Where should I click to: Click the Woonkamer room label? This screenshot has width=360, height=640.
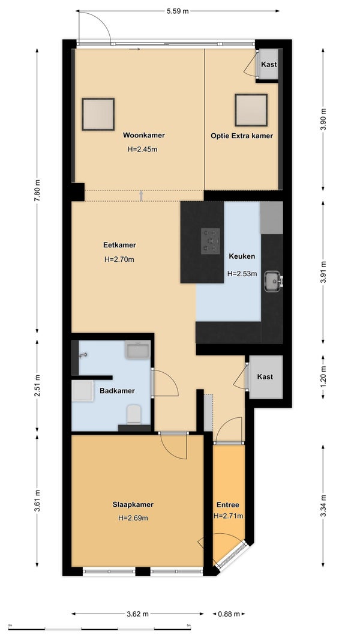click(x=144, y=135)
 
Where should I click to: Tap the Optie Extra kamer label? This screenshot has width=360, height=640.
click(x=242, y=136)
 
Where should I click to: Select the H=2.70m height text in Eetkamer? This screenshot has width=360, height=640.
click(x=119, y=259)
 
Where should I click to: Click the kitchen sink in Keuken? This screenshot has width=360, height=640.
click(x=273, y=282)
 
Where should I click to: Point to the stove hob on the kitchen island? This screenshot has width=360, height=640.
click(x=211, y=241)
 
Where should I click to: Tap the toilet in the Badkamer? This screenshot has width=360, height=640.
click(x=134, y=414)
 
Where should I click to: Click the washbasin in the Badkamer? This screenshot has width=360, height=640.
click(x=138, y=349)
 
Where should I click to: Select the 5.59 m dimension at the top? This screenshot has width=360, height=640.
click(x=178, y=11)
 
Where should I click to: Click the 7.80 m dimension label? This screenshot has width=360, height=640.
click(x=38, y=190)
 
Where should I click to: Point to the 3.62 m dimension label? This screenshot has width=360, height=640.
click(x=137, y=614)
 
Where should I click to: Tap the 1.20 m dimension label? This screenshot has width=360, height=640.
click(x=323, y=377)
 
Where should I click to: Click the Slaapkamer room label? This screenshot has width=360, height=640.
click(x=133, y=504)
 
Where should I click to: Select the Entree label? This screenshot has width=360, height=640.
click(x=228, y=505)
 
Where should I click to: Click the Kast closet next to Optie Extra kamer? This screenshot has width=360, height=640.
click(x=269, y=64)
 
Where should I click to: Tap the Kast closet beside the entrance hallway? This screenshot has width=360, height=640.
click(x=265, y=376)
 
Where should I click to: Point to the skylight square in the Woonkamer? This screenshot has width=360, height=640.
click(x=98, y=114)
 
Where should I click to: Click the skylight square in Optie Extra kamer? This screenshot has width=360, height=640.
click(x=251, y=110)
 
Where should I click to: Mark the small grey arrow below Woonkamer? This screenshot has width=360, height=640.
click(x=141, y=196)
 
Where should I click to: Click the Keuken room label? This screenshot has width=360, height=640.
click(x=242, y=256)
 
